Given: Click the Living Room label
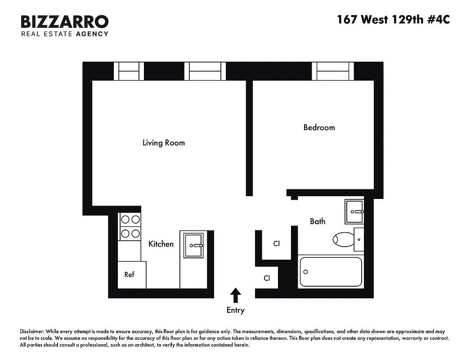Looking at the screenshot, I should [x=163, y=143].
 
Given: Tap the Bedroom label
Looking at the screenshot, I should [x=319, y=128].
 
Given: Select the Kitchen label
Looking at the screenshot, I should [x=161, y=244].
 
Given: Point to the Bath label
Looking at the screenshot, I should [x=317, y=221].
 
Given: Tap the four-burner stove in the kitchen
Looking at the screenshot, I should [x=130, y=227].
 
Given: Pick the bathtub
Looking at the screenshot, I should [x=331, y=271].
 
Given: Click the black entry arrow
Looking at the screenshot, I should [x=235, y=296].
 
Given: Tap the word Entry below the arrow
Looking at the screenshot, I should [x=235, y=310].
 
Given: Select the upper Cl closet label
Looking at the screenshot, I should [x=277, y=243].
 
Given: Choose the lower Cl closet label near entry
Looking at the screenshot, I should [x=267, y=278].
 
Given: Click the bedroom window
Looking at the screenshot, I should [x=333, y=71].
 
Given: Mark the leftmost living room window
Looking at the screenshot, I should [x=129, y=71].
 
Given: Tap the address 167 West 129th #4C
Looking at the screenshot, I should [x=393, y=20].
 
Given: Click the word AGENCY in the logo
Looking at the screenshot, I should [x=92, y=34].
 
